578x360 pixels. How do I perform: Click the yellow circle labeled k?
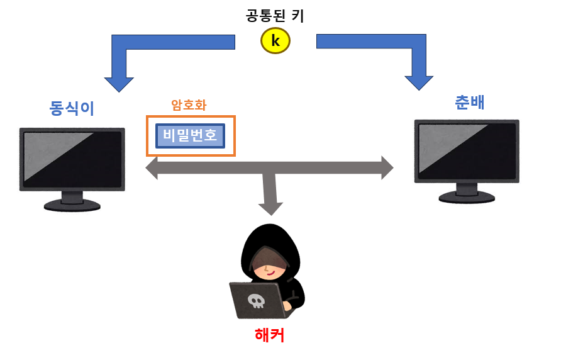pos(275,41)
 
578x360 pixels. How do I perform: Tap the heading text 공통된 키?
pos(275,15)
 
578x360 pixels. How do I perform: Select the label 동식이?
pos(72,108)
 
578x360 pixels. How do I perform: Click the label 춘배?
pos(470,102)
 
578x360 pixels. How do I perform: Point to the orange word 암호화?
pos(189,105)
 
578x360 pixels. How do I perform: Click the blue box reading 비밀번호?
pos(190,135)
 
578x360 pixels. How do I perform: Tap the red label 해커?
pos(269,335)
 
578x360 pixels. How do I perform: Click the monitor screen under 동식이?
pos(72,158)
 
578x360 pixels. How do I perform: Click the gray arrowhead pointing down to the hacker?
pos(270,208)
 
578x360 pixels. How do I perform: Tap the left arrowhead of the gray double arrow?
pos(152,167)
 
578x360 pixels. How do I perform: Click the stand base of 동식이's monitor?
pos(72,205)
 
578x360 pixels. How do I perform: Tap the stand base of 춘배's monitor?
pos(467,197)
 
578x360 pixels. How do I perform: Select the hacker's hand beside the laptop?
pos(287,307)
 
